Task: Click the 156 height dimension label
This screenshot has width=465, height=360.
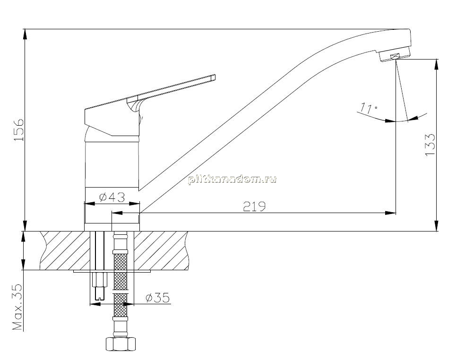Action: pyautogui.click(x=18, y=130)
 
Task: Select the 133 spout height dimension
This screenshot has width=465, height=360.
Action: pyautogui.click(x=430, y=145)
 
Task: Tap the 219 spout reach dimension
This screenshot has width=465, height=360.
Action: pyautogui.click(x=254, y=206)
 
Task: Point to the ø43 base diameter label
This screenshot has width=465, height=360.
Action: pyautogui.click(x=112, y=197)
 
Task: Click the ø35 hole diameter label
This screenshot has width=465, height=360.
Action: pyautogui.click(x=157, y=298)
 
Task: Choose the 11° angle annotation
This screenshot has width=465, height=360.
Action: pyautogui.click(x=369, y=109)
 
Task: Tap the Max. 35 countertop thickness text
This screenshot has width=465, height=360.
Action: pyautogui.click(x=17, y=307)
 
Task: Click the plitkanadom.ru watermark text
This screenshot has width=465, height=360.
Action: pyautogui.click(x=232, y=180)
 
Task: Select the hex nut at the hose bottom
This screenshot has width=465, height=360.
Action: pyautogui.click(x=121, y=344)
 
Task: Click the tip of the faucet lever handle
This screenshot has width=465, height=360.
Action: pyautogui.click(x=215, y=77)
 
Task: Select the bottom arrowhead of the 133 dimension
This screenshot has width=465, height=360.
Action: pyautogui.click(x=436, y=226)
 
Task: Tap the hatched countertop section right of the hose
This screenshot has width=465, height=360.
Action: pyautogui.click(x=162, y=250)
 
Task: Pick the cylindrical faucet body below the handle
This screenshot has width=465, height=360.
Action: pyautogui.click(x=112, y=164)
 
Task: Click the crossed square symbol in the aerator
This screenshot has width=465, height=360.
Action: pyautogui.click(x=395, y=56)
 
